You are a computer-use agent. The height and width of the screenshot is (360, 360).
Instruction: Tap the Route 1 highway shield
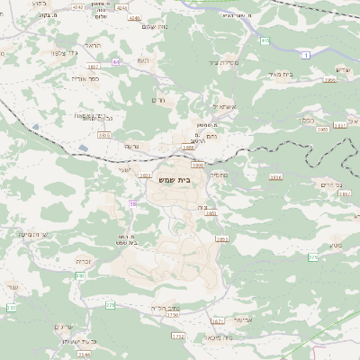[x=306, y=56]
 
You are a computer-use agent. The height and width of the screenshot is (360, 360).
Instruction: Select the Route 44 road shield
[x=116, y=62]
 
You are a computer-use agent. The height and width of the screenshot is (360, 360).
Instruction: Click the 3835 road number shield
[x=103, y=135]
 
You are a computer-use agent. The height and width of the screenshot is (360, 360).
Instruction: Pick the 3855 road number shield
[x=222, y=238]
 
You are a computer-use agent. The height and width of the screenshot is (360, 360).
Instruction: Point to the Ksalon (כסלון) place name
[x=332, y=119]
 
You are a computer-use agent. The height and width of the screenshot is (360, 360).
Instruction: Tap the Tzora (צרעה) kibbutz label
[x=132, y=146]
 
